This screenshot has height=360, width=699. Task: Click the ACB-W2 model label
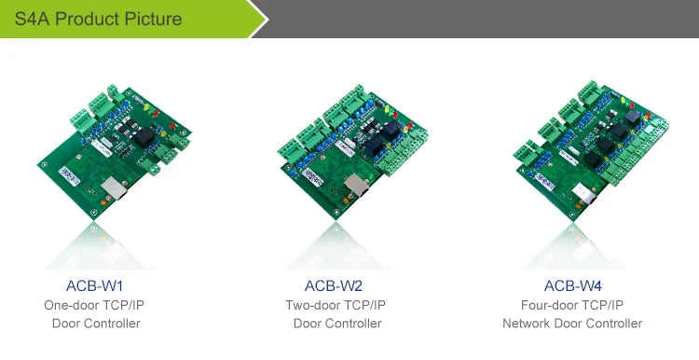point(334,285)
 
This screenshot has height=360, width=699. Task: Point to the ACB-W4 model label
point(572,285)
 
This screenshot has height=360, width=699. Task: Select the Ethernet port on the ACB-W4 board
point(584,193)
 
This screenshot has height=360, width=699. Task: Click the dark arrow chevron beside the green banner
point(258,19)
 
